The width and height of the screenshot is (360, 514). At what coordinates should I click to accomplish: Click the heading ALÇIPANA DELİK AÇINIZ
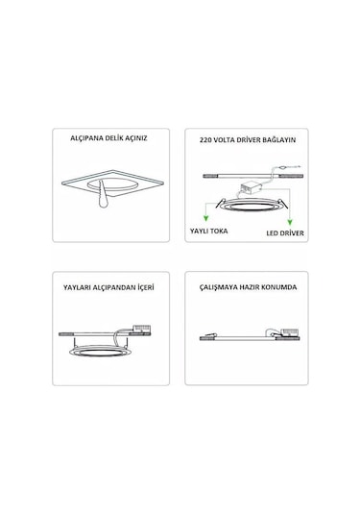[x=108, y=138]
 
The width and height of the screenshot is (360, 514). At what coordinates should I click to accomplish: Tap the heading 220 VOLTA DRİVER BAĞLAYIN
[x=248, y=140]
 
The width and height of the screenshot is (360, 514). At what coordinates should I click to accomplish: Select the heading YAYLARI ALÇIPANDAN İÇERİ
[x=108, y=287]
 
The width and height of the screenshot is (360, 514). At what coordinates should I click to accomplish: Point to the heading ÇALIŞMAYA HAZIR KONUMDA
[x=248, y=287]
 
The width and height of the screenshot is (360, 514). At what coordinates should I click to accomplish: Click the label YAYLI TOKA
[x=208, y=231]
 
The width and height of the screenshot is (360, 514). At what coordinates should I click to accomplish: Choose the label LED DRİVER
[x=285, y=233]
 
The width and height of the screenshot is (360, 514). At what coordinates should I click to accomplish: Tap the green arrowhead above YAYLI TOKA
[x=205, y=218]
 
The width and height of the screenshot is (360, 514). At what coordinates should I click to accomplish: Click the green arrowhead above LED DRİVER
[x=290, y=222]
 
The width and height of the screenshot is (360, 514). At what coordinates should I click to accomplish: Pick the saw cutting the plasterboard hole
[x=103, y=196]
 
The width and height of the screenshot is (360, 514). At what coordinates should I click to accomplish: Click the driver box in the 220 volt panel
[x=251, y=188]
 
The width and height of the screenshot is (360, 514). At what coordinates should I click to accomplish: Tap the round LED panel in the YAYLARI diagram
[x=101, y=351]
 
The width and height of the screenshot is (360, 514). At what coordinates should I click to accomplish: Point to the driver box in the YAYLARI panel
[x=141, y=329]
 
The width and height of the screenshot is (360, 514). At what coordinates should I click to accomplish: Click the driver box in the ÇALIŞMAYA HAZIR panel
[x=290, y=331]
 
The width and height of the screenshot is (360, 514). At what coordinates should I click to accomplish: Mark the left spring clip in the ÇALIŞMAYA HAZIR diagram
[x=208, y=335]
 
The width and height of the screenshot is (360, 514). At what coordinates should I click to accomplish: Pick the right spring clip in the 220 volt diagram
[x=284, y=204]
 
